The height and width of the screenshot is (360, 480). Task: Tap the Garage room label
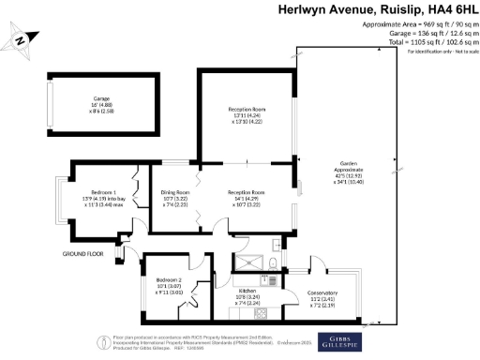pyautogui.click(x=101, y=97)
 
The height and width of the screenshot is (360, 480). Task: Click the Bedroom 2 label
pyautogui.click(x=169, y=280)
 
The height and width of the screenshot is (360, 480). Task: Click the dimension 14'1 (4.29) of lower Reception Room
pyautogui.click(x=246, y=198)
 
